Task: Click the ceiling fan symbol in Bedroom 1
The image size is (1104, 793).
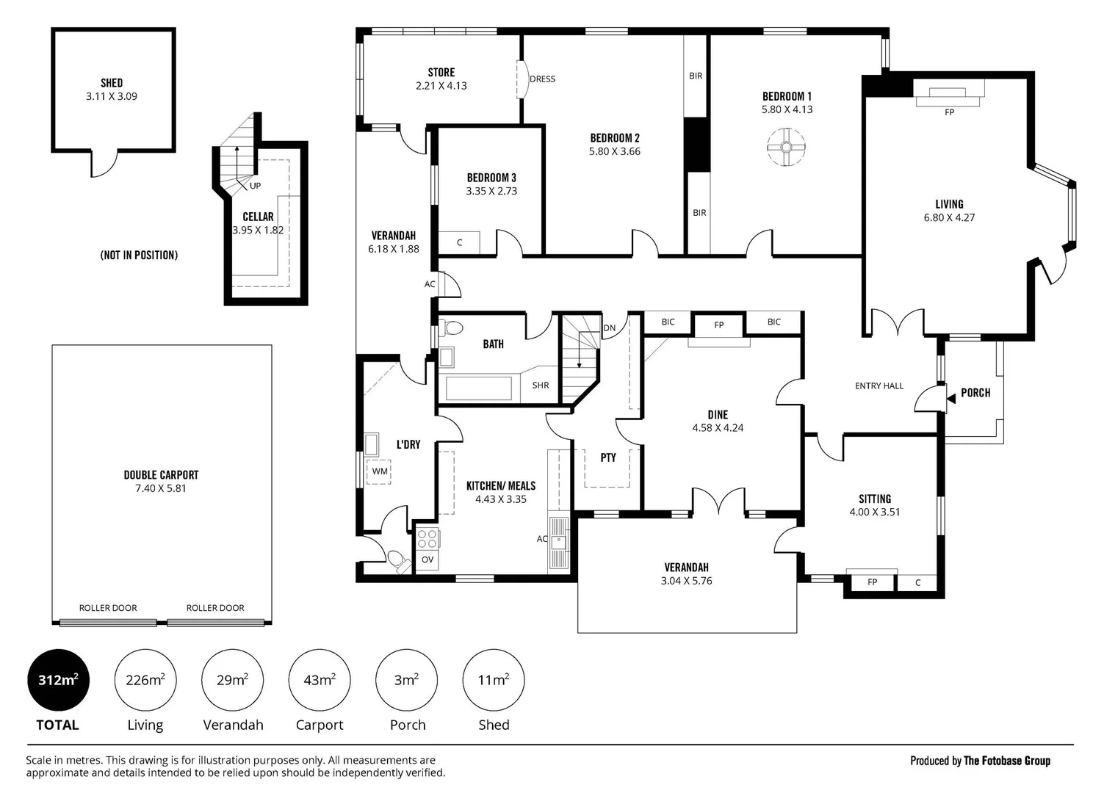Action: pos(786,148)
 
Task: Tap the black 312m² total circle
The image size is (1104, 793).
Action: pos(58,680)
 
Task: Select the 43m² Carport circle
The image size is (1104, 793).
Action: pos(320,680)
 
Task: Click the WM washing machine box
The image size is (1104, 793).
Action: pos(378,471)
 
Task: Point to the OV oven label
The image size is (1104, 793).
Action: pos(427,560)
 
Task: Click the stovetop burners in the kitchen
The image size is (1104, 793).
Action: pos(427,538)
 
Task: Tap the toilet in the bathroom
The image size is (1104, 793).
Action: pos(450,327)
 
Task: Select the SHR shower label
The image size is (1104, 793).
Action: pos(541,385)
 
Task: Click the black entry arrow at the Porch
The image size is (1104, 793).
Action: pos(951,399)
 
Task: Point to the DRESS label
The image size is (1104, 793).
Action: pos(543,79)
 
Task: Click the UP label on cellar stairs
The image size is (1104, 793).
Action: pos(256,186)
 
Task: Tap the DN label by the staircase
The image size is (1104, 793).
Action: pos(609,327)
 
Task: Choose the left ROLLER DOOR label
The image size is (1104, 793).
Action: pos(108,608)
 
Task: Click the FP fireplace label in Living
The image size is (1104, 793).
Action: pos(949,112)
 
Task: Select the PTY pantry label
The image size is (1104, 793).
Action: pos(608,457)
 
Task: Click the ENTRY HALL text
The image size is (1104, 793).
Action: pos(879,385)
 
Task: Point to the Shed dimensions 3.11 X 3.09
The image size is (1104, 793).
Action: pos(112,96)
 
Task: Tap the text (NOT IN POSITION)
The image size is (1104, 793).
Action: pos(139,255)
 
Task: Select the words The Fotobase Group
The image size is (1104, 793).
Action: pos(1007,761)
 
